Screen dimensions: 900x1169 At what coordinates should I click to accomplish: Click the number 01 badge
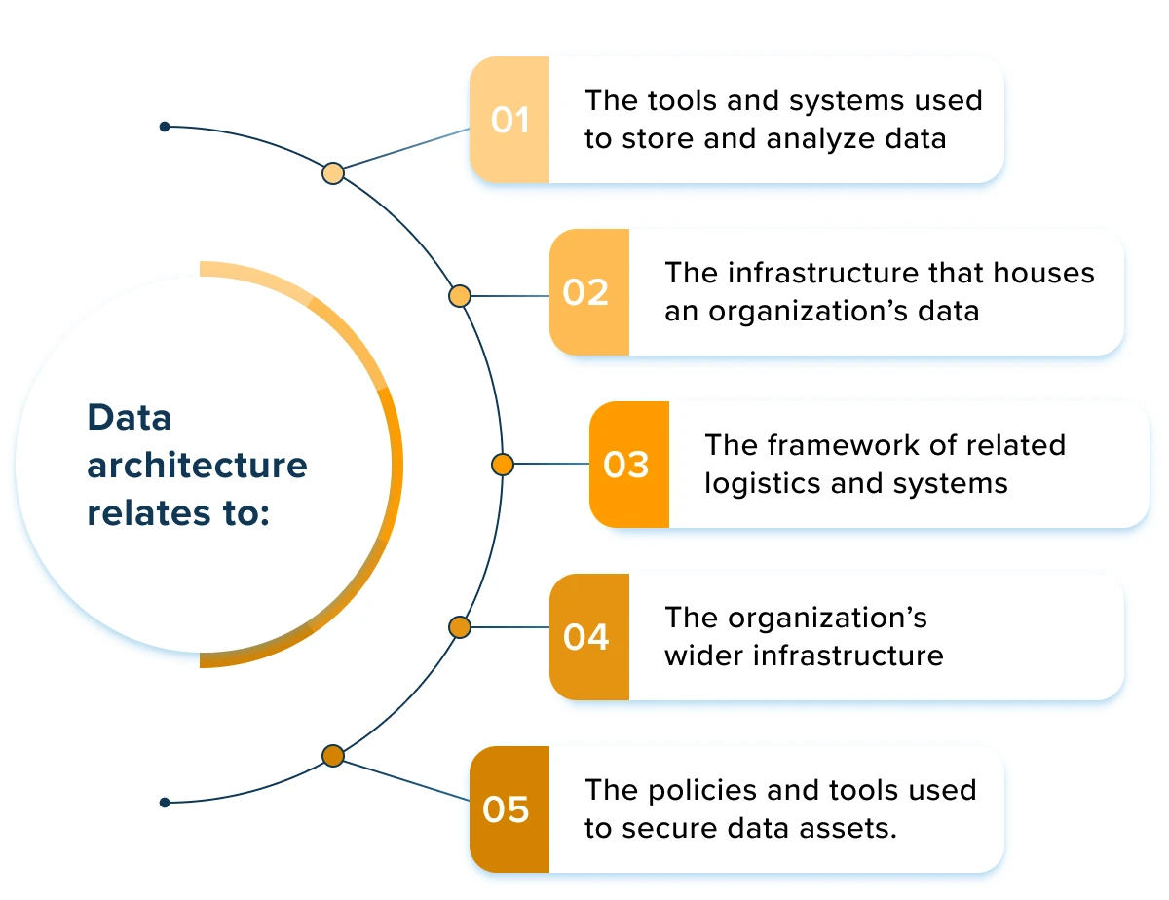tap(509, 120)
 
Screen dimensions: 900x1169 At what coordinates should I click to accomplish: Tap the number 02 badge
tap(588, 292)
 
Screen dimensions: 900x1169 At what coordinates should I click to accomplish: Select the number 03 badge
tap(628, 465)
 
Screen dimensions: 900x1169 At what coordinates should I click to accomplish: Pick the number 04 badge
tap(588, 637)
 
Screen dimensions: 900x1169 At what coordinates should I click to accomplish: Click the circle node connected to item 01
tap(333, 173)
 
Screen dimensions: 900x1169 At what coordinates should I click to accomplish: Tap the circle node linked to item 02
tap(460, 295)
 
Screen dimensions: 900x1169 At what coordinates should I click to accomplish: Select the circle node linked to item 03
tap(503, 465)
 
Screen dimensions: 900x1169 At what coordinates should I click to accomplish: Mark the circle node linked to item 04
tap(460, 627)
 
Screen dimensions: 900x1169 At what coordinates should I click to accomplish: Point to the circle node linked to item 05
tap(333, 756)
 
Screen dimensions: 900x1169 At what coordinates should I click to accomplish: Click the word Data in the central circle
tap(130, 418)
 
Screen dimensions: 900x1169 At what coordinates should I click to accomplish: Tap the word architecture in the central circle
tap(197, 466)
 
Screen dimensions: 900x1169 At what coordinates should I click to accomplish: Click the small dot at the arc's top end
tap(165, 127)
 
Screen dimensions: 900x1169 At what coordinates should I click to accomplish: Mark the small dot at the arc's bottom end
tap(165, 803)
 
